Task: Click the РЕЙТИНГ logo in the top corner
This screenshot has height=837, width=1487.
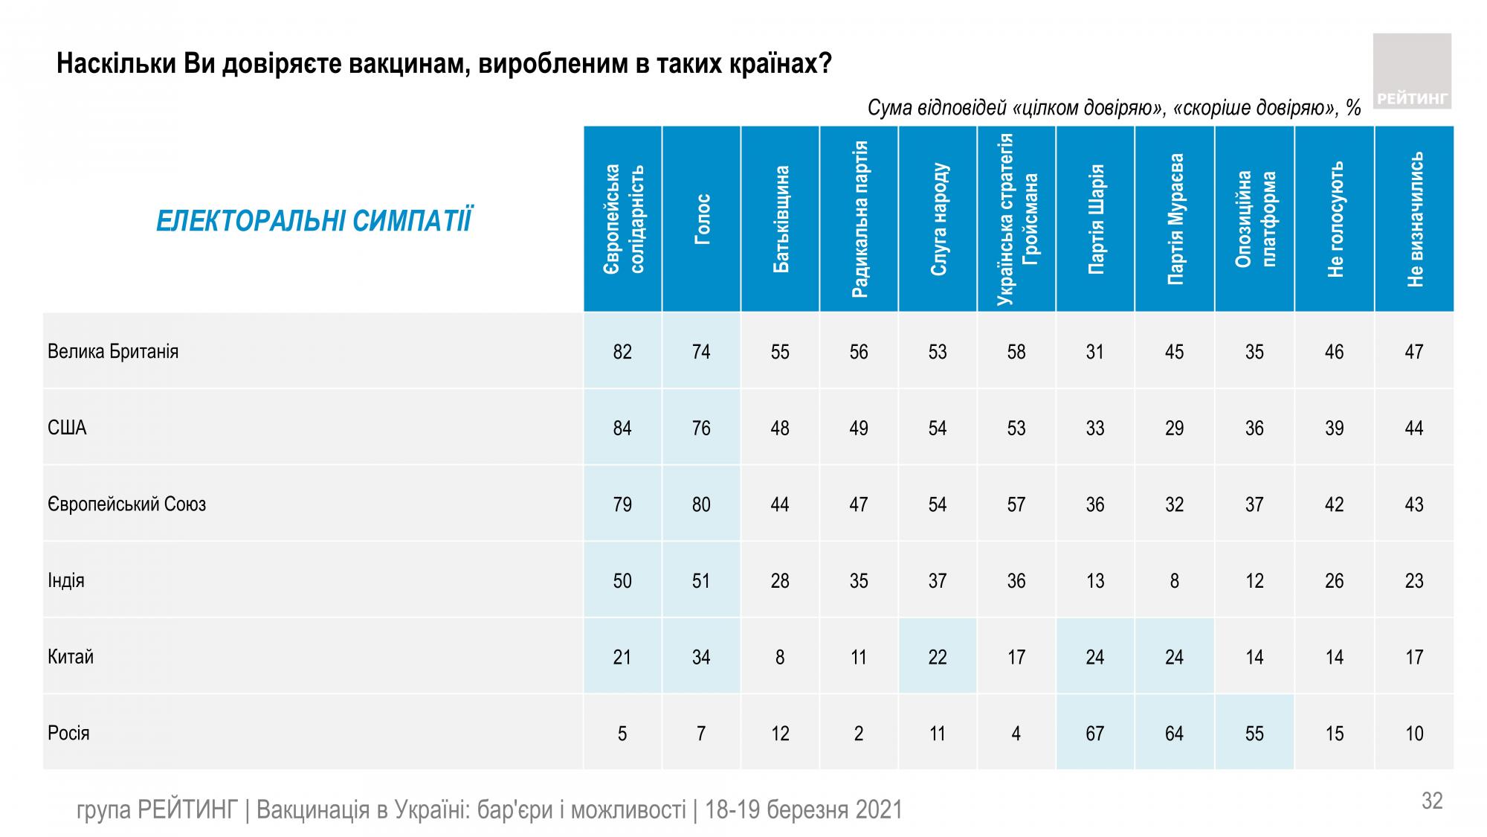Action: tap(1411, 71)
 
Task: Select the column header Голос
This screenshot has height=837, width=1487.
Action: tap(701, 219)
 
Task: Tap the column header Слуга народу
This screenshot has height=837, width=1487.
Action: tap(938, 219)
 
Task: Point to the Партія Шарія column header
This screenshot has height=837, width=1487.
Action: tap(1095, 219)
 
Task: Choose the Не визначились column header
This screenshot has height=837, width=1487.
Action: tap(1414, 219)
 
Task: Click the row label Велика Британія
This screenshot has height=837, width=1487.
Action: tap(113, 351)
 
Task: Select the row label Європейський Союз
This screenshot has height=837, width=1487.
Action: tap(126, 504)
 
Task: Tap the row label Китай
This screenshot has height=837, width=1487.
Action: tap(71, 657)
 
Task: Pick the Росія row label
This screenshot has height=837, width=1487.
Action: tap(68, 734)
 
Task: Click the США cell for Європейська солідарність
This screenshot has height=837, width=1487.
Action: tap(622, 429)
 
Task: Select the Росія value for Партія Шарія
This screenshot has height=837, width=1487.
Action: tap(1095, 734)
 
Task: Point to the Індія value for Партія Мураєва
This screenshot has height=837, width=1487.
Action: tap(1174, 581)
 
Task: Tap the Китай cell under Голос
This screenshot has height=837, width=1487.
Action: tap(701, 657)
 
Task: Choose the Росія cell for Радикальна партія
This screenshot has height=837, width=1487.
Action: tap(859, 734)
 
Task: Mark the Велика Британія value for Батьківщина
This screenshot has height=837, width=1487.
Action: tap(780, 352)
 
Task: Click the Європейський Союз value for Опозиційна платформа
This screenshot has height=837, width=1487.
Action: tap(1254, 504)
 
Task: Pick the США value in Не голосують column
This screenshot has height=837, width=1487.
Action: tap(1334, 429)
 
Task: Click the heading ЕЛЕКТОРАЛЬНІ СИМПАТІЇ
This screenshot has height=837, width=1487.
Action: tap(313, 222)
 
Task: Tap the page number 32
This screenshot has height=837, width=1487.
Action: tap(1432, 801)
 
